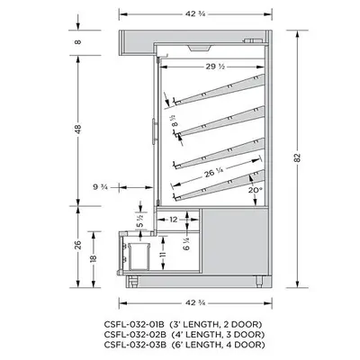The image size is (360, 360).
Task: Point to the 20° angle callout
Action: point(256,191)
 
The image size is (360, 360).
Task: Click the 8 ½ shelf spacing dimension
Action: point(173,114)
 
